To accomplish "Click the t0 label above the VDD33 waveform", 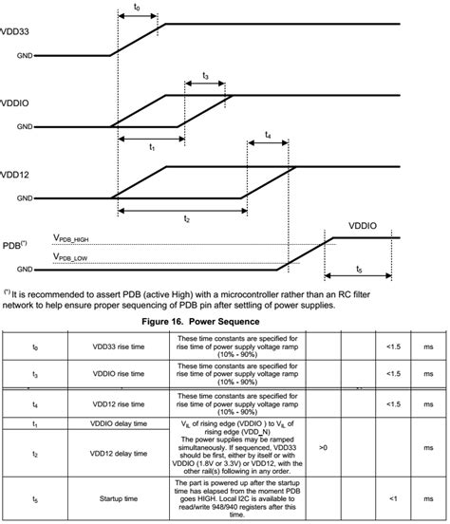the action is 138,8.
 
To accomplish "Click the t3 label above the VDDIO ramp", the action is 206,75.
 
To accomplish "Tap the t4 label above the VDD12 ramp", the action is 270,136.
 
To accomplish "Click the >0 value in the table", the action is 323,445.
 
